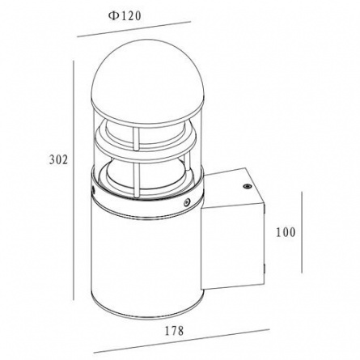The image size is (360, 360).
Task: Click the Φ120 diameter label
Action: tap(125, 16)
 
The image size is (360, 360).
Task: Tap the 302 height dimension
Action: tap(58, 160)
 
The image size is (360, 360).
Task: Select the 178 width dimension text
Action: tap(174, 331)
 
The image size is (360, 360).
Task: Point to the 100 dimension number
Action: tap(286, 232)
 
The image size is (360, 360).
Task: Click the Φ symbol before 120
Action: tap(112, 16)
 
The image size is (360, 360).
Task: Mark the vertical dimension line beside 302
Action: tap(74, 180)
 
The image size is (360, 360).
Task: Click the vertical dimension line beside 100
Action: tap(302, 232)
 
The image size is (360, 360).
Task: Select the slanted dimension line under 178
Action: tap(181, 341)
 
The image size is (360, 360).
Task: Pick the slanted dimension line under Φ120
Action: tap(133, 29)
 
